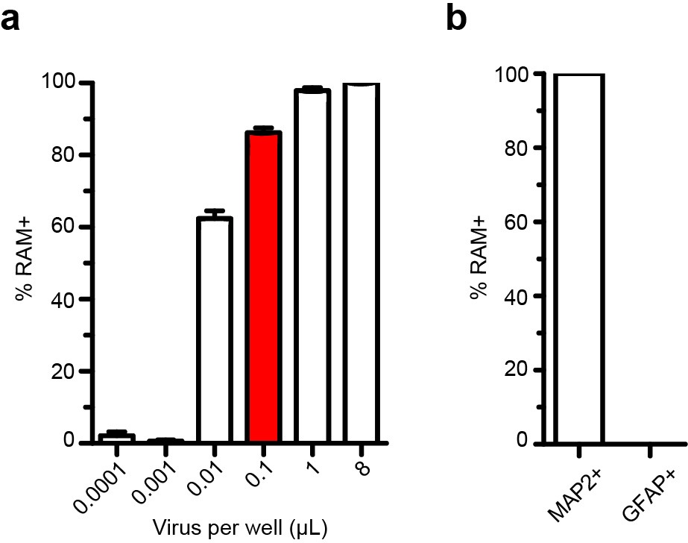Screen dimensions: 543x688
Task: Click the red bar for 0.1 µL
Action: pos(265,287)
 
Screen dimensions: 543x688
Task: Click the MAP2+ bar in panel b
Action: pos(578,258)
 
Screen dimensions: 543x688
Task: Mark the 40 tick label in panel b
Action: pos(523,296)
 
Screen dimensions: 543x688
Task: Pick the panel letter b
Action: pos(455,18)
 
